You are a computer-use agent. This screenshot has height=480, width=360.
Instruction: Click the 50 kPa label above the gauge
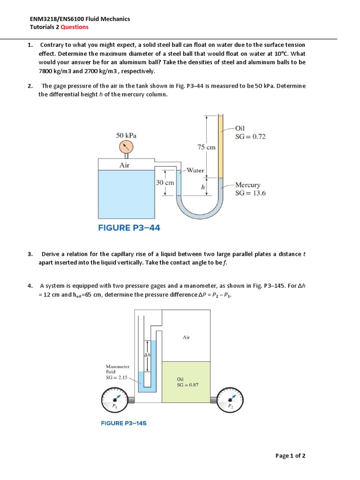(x=126, y=135)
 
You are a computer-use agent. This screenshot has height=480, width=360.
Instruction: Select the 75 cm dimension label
(x=206, y=147)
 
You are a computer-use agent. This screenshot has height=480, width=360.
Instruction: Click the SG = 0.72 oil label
(x=250, y=136)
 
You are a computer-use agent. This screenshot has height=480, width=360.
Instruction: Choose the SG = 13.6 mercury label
(x=250, y=193)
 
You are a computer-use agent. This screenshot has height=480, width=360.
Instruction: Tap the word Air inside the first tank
(x=125, y=165)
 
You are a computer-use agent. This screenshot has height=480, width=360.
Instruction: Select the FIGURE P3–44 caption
(x=129, y=228)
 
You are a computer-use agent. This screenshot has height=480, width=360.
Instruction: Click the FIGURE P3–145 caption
(x=124, y=423)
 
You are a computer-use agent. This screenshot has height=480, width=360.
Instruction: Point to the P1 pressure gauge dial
(x=114, y=400)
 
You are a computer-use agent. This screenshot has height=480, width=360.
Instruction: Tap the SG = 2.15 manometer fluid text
(x=117, y=377)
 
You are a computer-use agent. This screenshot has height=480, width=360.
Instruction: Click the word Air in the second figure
(x=186, y=337)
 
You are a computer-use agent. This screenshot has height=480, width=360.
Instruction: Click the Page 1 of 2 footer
(x=290, y=456)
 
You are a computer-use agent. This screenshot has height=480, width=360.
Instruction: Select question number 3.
(x=30, y=254)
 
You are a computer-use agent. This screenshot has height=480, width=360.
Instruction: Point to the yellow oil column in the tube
(x=221, y=145)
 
